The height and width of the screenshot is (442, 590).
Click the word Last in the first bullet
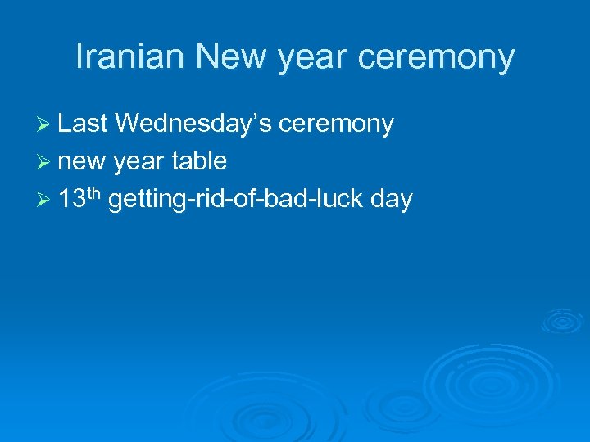84,124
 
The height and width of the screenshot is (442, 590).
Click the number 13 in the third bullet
71,199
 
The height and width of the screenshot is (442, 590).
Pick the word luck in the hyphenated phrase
337,199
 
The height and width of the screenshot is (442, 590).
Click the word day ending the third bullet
391,200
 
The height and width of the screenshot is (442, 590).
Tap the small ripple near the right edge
563,321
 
